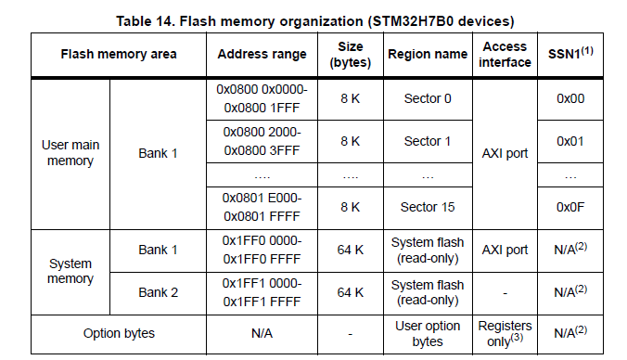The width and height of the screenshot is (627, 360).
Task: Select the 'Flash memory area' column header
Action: pyautogui.click(x=118, y=54)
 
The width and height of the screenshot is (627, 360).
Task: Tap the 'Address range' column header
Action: pyautogui.click(x=262, y=54)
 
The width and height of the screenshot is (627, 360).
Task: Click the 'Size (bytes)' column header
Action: pyautogui.click(x=350, y=54)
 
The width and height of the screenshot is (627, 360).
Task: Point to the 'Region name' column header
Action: pyautogui.click(x=427, y=54)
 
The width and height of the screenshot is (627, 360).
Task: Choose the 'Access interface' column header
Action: pyautogui.click(x=506, y=54)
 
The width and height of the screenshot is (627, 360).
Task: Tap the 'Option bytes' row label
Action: pyautogui.click(x=118, y=333)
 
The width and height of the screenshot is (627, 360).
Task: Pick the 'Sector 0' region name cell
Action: pyautogui.click(x=427, y=98)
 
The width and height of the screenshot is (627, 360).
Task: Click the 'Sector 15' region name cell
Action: pyautogui.click(x=427, y=205)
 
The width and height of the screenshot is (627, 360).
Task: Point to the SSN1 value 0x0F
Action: pyautogui.click(x=570, y=205)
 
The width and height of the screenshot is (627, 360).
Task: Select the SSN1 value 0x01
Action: pyautogui.click(x=570, y=141)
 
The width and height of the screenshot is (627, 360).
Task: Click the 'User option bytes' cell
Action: pyautogui.click(x=427, y=333)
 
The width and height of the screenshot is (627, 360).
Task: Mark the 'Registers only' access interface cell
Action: pyautogui.click(x=505, y=333)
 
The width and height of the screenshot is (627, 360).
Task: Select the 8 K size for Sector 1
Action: pyautogui.click(x=350, y=141)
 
